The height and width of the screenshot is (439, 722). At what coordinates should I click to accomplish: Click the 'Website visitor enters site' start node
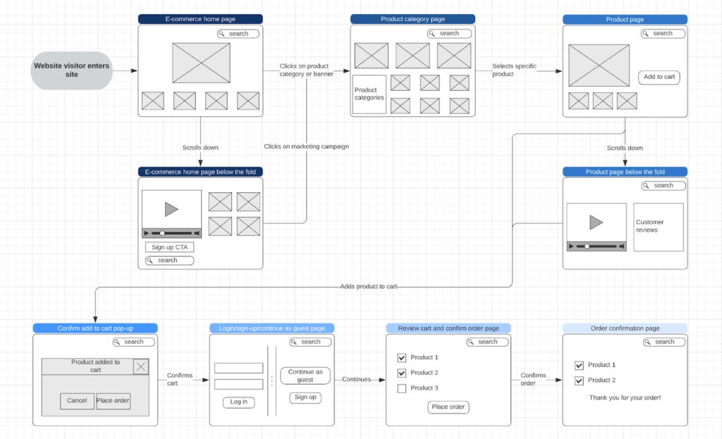(x=71, y=70)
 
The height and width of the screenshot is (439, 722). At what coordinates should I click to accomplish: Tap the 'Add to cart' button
(x=659, y=77)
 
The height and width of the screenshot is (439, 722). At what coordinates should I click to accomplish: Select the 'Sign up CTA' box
(x=169, y=247)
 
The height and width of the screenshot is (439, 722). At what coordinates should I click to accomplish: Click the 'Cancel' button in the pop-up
(x=77, y=400)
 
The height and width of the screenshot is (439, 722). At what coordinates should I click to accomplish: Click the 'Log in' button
(x=238, y=402)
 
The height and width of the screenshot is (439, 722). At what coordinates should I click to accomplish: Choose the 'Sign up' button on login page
(x=305, y=397)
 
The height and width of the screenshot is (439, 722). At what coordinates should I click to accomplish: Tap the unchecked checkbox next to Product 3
(x=401, y=388)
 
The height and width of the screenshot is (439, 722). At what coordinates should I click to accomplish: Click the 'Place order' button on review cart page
(x=448, y=407)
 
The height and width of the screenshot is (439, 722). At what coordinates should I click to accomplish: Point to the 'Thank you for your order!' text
(x=625, y=397)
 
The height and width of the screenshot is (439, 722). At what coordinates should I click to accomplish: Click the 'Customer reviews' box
(x=659, y=227)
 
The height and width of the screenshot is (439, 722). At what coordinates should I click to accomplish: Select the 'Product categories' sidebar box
(x=369, y=94)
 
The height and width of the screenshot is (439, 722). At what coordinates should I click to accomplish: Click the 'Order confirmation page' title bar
(x=625, y=328)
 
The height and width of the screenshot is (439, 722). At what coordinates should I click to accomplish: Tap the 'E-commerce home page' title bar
(x=200, y=19)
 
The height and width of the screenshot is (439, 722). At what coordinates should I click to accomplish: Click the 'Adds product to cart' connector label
(x=368, y=286)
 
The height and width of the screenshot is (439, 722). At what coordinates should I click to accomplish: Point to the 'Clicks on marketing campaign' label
(x=306, y=147)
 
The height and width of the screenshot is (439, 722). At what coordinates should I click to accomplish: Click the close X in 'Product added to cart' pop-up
(x=141, y=366)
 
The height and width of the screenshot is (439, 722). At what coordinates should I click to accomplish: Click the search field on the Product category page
(x=449, y=34)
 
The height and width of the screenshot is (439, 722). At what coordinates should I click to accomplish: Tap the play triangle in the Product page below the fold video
(x=596, y=222)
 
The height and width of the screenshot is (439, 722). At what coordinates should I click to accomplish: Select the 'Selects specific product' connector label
(x=514, y=70)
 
